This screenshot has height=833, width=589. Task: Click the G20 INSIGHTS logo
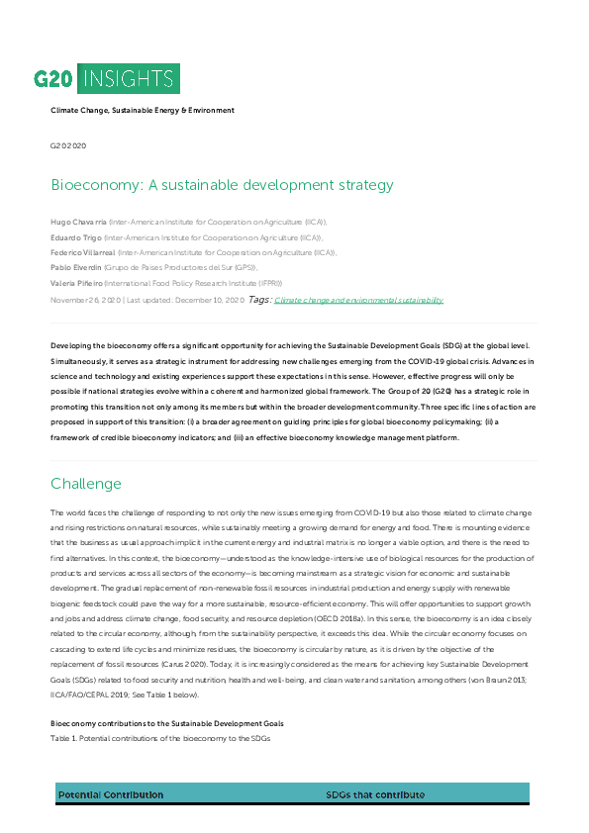click(106, 78)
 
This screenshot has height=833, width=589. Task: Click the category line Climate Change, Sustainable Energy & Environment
click(143, 110)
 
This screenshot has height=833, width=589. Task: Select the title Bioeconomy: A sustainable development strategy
click(222, 185)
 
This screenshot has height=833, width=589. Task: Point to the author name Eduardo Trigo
click(75, 238)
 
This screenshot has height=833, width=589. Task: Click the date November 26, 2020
click(85, 299)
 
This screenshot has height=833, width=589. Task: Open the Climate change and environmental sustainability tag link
click(358, 300)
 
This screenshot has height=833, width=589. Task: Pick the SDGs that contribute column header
click(375, 794)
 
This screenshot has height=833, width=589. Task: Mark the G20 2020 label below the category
click(68, 144)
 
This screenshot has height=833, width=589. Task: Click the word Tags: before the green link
click(258, 299)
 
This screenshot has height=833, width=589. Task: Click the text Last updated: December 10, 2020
click(184, 299)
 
